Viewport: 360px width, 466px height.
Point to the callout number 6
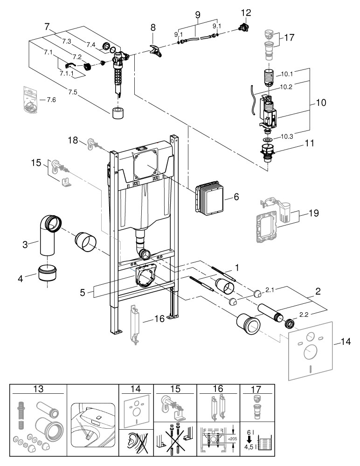(x=236, y=198)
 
